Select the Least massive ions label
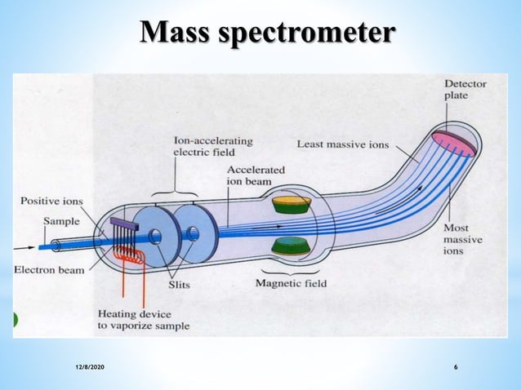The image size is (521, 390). [x=343, y=144]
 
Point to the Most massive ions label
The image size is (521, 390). [x=463, y=239]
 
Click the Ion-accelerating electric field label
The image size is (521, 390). [x=212, y=146]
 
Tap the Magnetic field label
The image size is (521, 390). [x=291, y=283]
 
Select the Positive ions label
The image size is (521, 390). [x=51, y=201]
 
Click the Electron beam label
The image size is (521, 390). [x=48, y=270]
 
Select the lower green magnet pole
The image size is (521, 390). [x=293, y=246]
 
